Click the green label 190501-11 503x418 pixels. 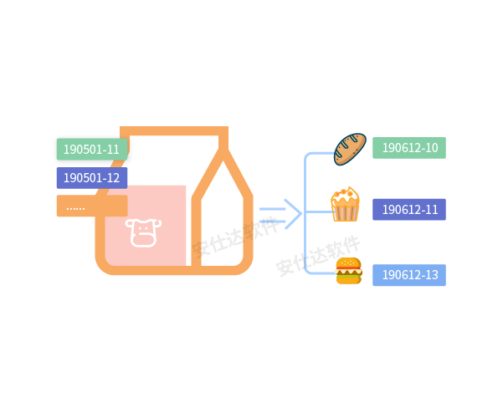[x=91, y=149]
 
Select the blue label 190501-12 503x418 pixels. [x=91, y=178]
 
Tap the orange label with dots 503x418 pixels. [x=90, y=206]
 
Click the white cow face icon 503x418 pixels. [x=143, y=232]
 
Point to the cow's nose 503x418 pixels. [x=143, y=239]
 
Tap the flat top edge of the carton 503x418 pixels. [x=174, y=131]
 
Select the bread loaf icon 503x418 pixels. [x=350, y=148]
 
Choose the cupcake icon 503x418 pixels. [x=345, y=205]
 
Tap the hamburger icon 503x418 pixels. [x=348, y=271]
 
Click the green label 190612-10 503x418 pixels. [x=409, y=148]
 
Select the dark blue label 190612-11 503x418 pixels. [x=409, y=210]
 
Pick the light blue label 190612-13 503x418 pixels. [x=409, y=275]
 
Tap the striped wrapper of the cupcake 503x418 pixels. [x=345, y=212]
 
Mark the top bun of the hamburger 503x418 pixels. [x=348, y=263]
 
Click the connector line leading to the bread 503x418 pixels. [x=319, y=154]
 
